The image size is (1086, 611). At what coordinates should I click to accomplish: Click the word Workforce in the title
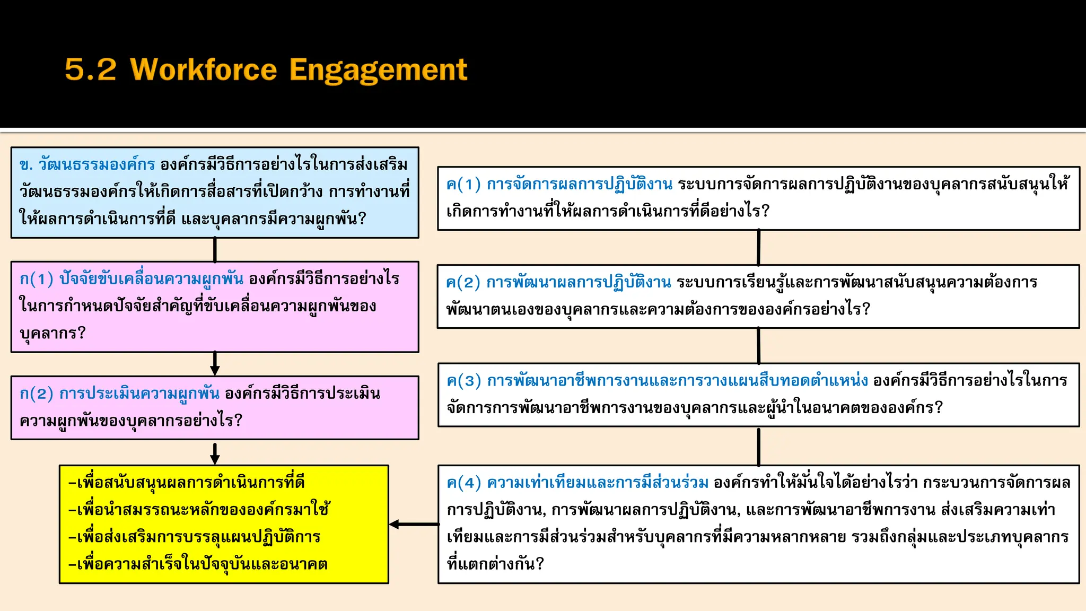[x=204, y=70]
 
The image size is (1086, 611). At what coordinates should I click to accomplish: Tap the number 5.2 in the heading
[x=90, y=70]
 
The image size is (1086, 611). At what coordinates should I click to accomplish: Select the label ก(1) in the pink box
[x=36, y=279]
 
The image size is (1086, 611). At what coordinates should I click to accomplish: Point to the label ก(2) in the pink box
[x=36, y=394]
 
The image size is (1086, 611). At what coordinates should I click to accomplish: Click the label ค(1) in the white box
[x=463, y=184]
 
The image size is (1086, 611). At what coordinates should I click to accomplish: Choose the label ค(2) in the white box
[x=463, y=282]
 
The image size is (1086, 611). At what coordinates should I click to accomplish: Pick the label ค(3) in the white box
[x=463, y=381]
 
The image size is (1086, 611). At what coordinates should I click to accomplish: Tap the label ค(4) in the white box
[x=463, y=483]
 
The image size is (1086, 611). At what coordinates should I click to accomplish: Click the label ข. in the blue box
[x=26, y=165]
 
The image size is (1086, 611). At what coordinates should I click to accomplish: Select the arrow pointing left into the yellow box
[x=414, y=524]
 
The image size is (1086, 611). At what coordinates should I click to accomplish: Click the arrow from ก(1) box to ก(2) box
[x=215, y=364]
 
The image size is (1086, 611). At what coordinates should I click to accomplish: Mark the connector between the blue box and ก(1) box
[x=215, y=249]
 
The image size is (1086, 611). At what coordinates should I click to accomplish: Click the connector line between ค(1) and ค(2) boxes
[x=759, y=247]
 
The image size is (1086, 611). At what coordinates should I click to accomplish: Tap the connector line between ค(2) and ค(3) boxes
[x=759, y=345]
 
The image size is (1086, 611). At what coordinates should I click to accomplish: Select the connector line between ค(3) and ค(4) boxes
[x=759, y=446]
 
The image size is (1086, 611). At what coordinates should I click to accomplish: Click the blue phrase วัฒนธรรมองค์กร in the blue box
[x=97, y=165]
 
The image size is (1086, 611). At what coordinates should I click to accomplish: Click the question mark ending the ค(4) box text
[x=540, y=564]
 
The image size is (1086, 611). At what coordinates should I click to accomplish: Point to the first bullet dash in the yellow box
[x=72, y=483]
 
